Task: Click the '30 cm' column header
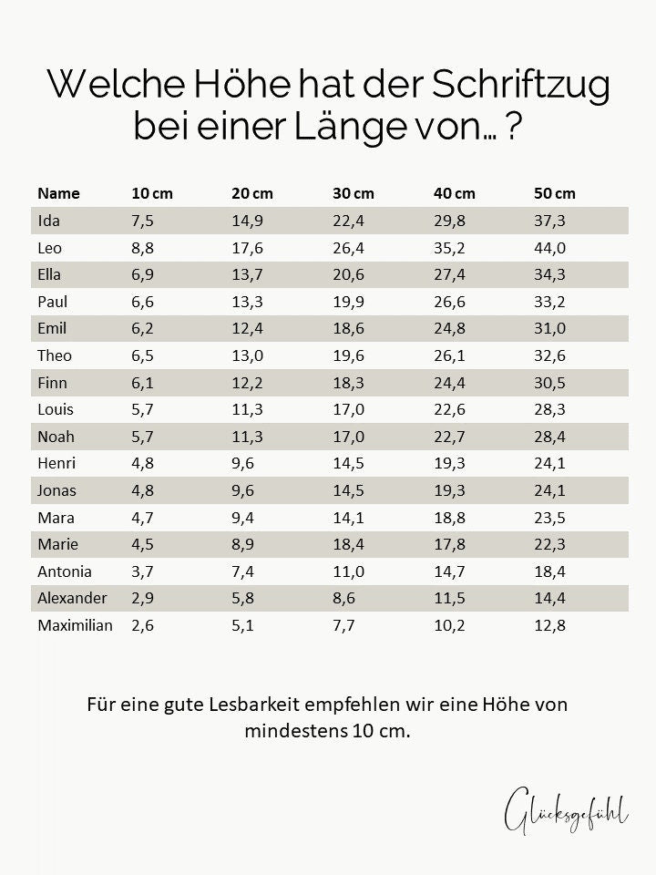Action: tap(353, 193)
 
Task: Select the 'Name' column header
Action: tap(58, 193)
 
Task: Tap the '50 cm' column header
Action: tap(554, 193)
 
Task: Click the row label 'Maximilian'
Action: tap(75, 625)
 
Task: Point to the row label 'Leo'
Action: tap(49, 248)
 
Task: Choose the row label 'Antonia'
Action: tap(64, 571)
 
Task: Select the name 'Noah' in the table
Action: tap(56, 437)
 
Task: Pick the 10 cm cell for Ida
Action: tap(142, 221)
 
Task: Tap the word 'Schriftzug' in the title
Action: tap(520, 87)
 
